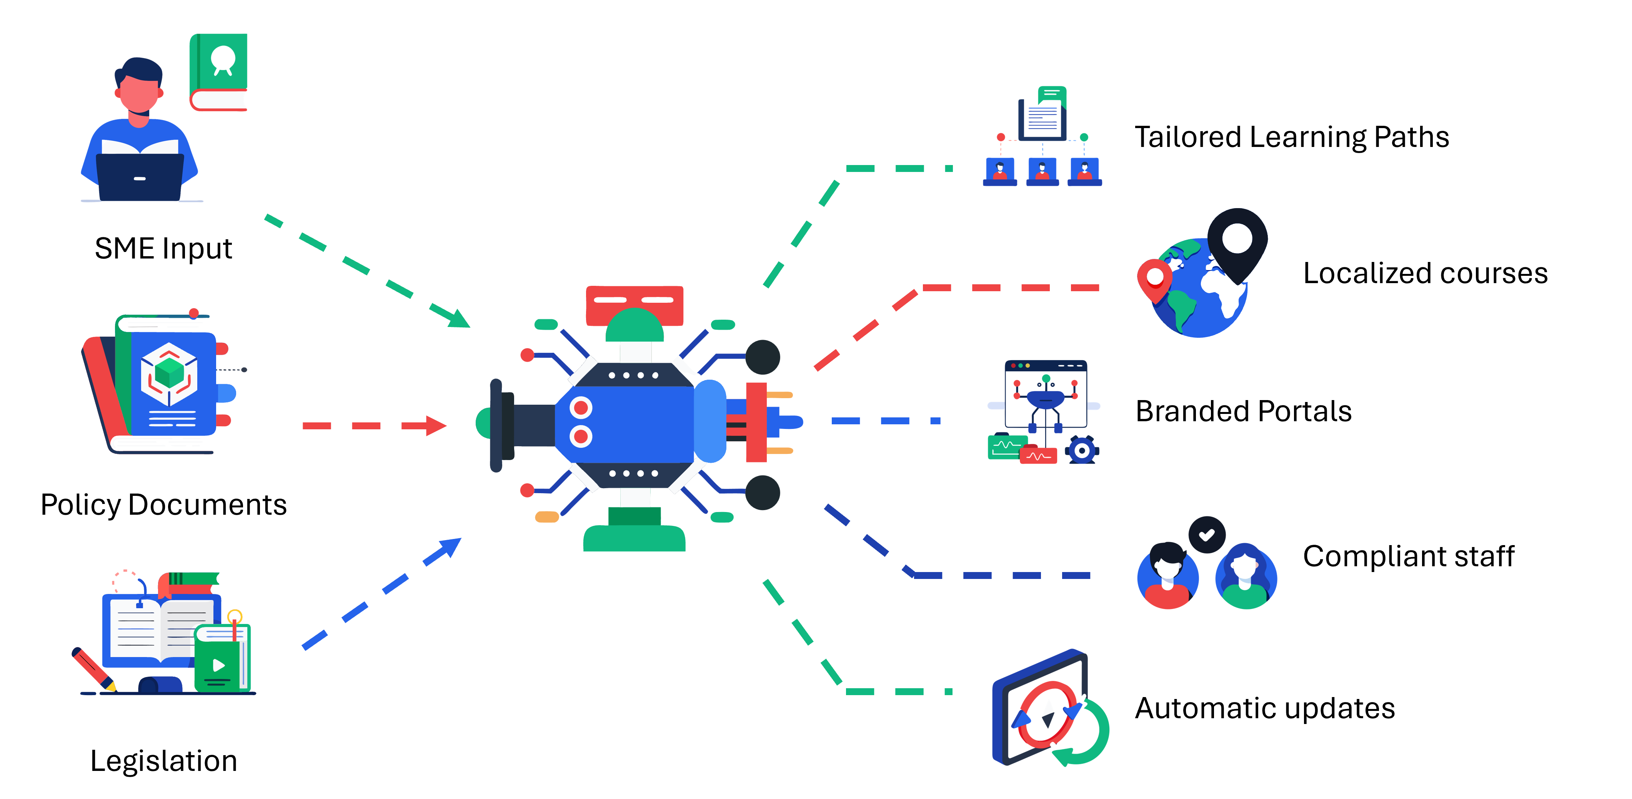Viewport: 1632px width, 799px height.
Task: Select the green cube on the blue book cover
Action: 169,372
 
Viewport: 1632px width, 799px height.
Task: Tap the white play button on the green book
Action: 218,665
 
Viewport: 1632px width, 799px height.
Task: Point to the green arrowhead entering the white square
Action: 459,318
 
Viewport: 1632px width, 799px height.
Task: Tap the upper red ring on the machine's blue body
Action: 580,407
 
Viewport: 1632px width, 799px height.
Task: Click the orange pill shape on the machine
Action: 546,517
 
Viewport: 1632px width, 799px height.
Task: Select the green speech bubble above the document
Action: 1052,96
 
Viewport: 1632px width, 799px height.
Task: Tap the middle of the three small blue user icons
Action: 1042,170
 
